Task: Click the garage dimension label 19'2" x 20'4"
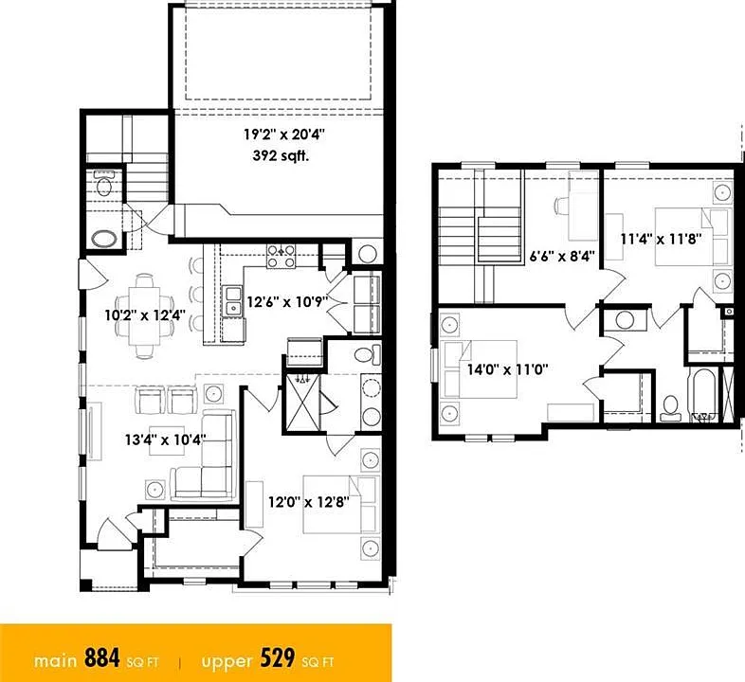click(283, 135)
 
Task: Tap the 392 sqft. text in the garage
click(281, 155)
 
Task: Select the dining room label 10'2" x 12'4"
click(145, 314)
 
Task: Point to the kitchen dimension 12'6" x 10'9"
click(287, 301)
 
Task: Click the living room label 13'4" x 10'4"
click(165, 440)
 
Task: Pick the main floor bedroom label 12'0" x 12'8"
click(309, 501)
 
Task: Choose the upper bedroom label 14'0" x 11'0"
click(507, 369)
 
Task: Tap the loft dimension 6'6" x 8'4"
click(562, 257)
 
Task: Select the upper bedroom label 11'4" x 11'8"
click(661, 239)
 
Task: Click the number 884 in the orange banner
click(102, 658)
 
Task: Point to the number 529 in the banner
click(278, 658)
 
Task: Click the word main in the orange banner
click(55, 661)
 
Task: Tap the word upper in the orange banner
click(227, 662)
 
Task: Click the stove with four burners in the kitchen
click(281, 257)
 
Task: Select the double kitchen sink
click(233, 301)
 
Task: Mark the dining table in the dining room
click(145, 314)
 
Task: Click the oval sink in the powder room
click(104, 239)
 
